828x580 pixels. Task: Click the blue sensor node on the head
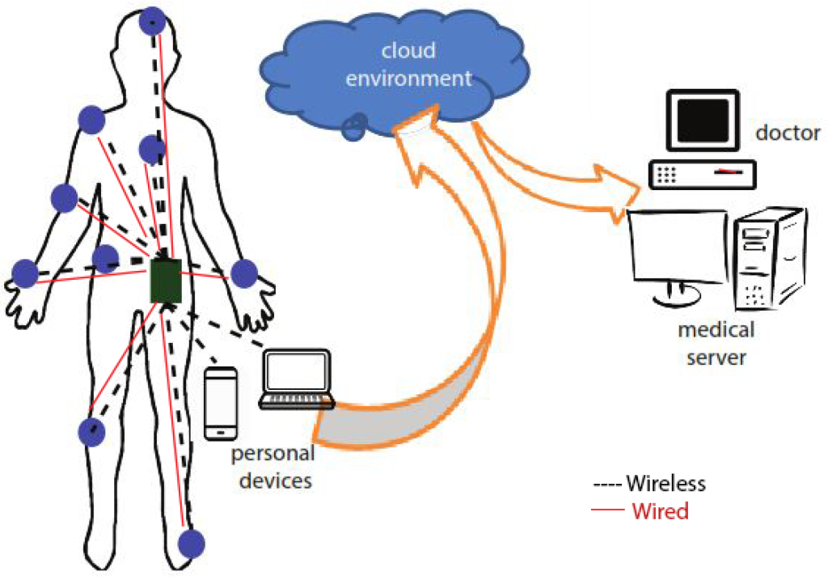tap(151, 22)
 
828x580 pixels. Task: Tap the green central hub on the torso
tap(166, 279)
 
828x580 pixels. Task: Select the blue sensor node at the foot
tap(191, 544)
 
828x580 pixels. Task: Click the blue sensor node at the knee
tap(92, 432)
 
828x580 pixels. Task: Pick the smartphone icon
tap(221, 403)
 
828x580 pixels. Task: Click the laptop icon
tap(297, 379)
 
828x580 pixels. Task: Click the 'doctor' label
tap(788, 132)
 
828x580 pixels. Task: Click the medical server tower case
tap(767, 260)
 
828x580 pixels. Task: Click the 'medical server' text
tap(715, 343)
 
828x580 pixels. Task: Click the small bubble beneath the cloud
tap(355, 126)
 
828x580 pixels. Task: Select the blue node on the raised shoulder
tap(91, 121)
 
